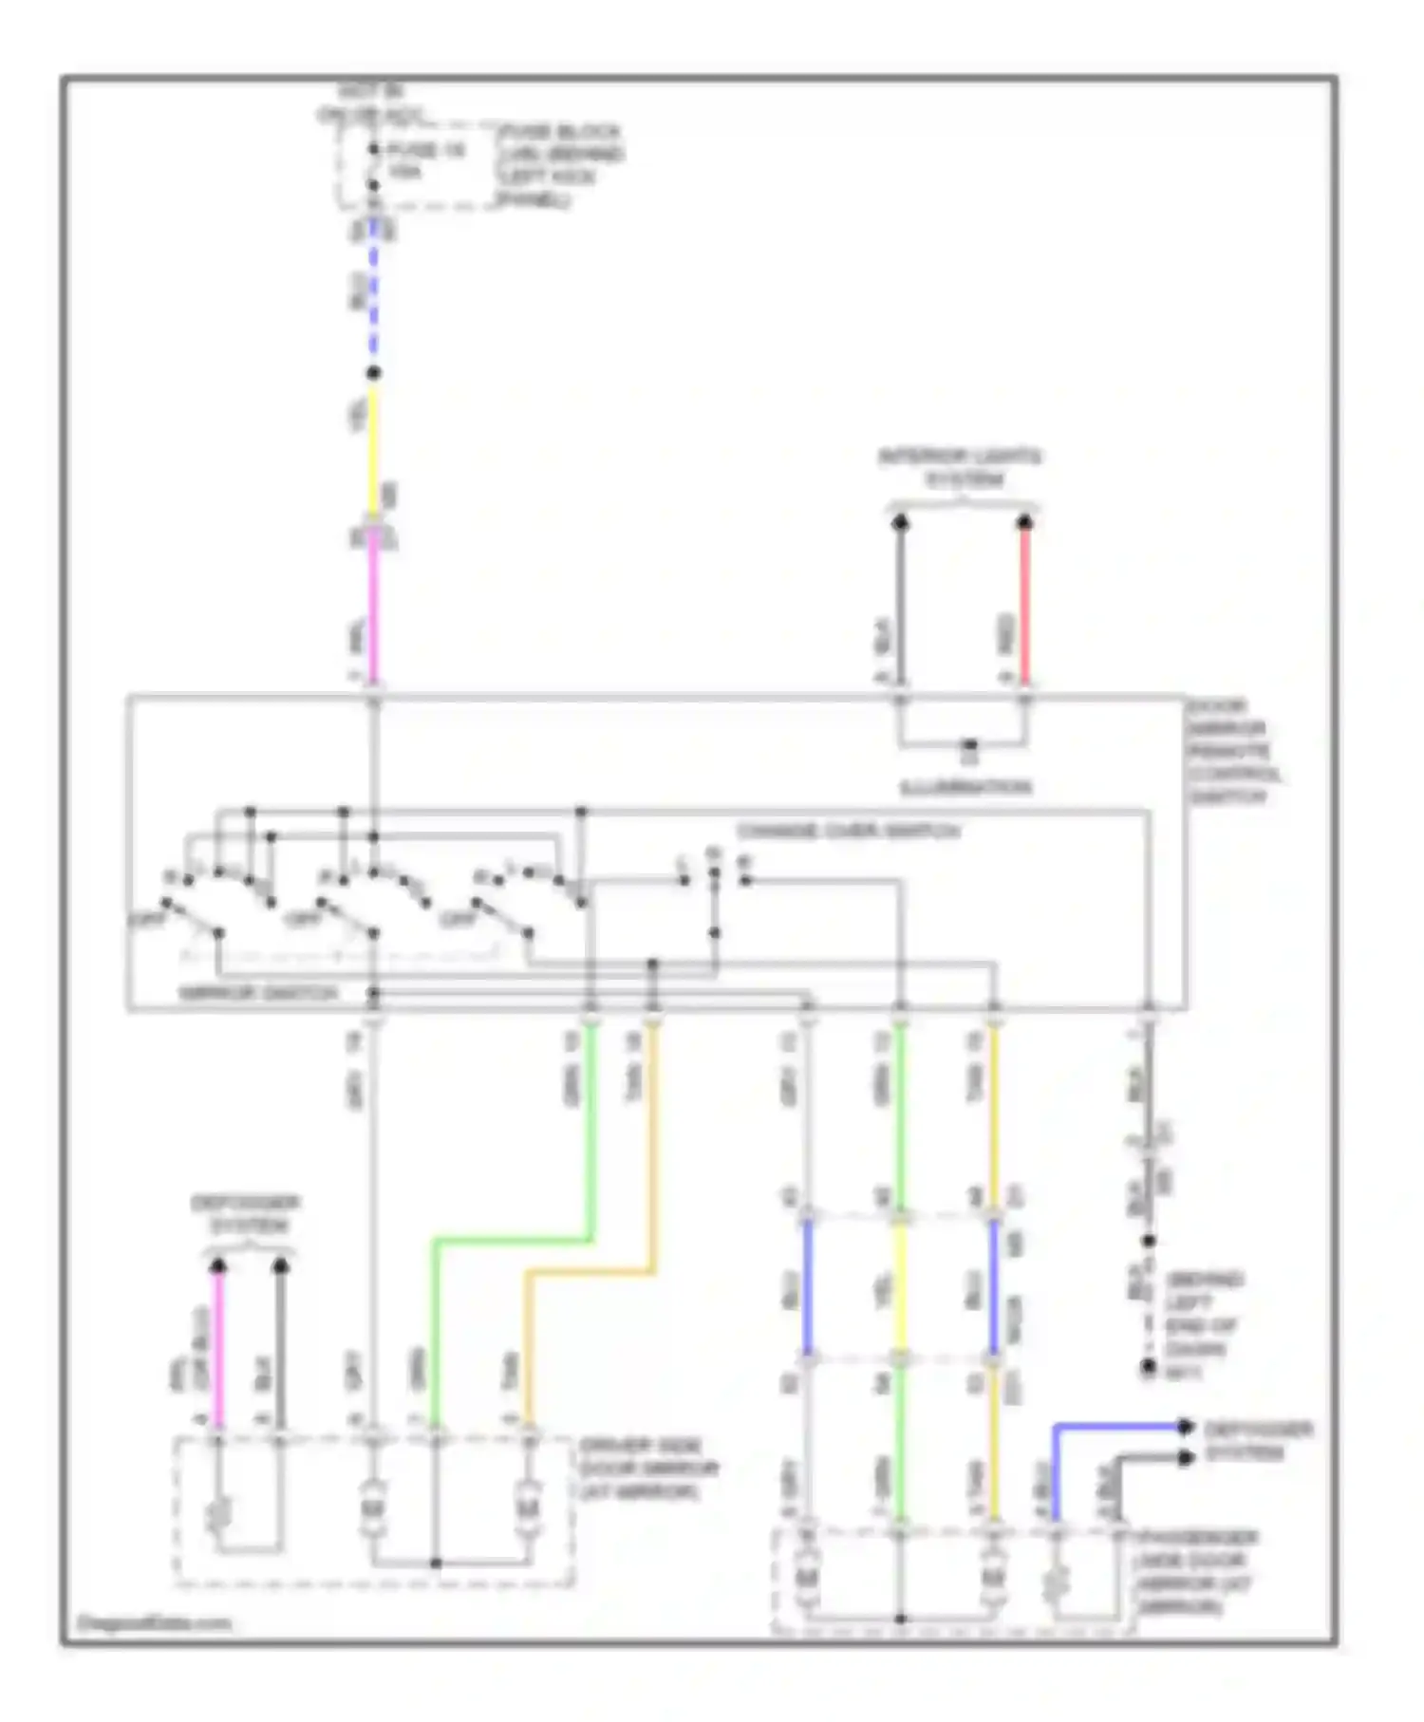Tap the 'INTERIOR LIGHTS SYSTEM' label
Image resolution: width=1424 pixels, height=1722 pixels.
point(960,468)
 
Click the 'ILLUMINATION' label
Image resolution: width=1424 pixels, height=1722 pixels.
point(966,787)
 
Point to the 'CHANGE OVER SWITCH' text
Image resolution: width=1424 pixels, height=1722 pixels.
point(849,832)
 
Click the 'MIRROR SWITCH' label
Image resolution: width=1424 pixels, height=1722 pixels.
point(258,993)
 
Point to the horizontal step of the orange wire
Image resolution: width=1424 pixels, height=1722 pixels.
point(590,1272)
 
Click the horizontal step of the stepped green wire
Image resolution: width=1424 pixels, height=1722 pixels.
point(513,1240)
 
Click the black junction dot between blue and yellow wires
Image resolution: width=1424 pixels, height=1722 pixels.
point(374,373)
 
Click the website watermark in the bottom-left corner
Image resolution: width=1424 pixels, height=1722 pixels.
point(154,1622)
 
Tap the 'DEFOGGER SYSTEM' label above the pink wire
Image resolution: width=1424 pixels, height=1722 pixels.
point(246,1214)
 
